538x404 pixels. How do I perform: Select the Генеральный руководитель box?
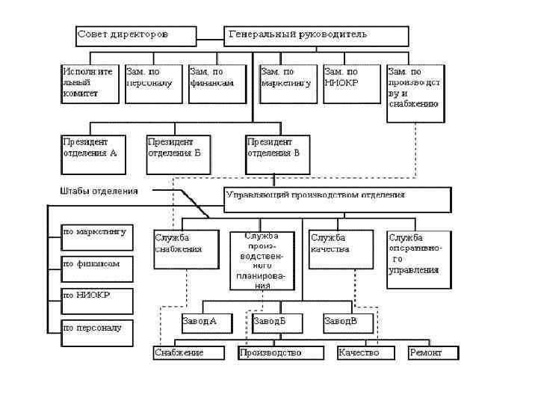(316, 35)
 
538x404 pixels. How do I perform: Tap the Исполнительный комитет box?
(90, 83)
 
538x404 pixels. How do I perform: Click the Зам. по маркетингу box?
(288, 83)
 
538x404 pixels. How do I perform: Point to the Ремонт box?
(433, 352)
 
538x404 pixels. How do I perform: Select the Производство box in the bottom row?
(280, 352)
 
